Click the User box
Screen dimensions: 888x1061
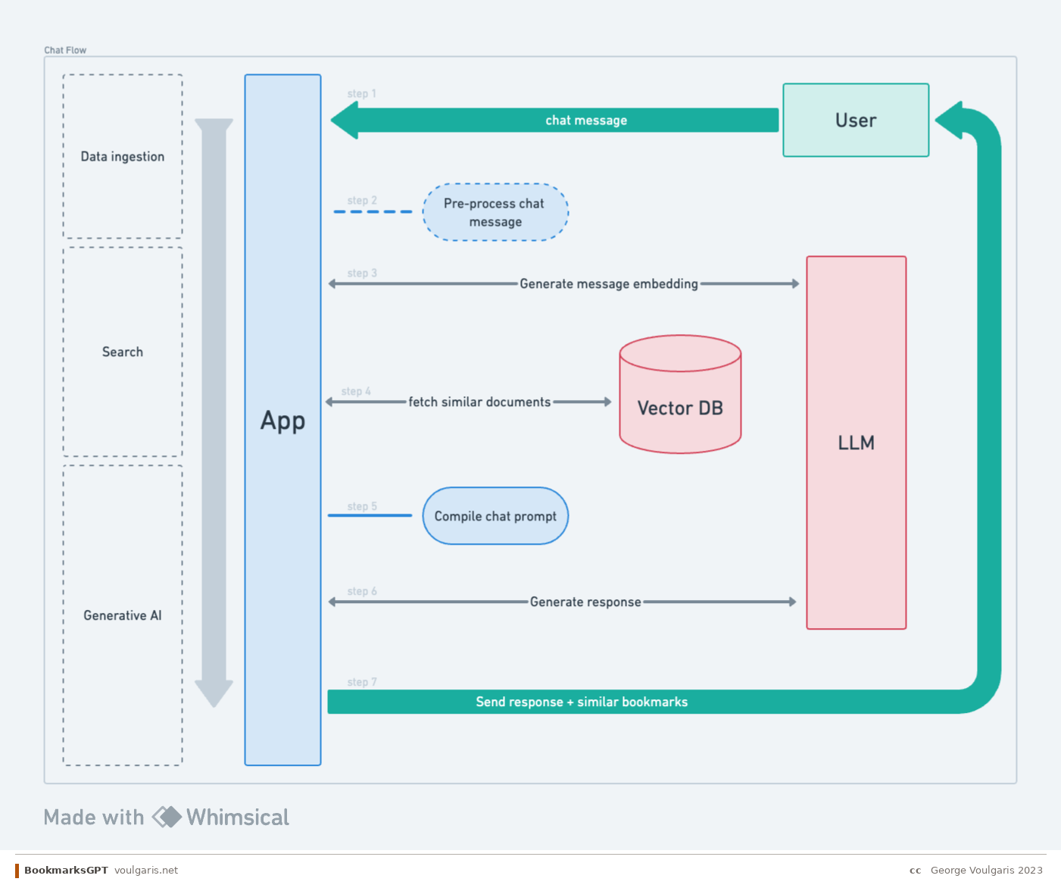click(x=855, y=120)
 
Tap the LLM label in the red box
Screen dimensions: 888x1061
click(x=856, y=443)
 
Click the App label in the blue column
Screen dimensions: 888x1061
click(x=282, y=421)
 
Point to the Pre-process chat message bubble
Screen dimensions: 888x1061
click(x=495, y=212)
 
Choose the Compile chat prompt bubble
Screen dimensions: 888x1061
click(x=495, y=516)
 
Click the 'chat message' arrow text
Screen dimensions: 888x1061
click(x=585, y=120)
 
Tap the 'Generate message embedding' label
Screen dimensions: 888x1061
click(x=608, y=284)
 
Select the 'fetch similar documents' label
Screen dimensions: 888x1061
click(x=479, y=402)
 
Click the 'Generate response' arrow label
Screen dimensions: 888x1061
click(x=585, y=602)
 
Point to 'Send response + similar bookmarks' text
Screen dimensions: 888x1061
click(x=581, y=702)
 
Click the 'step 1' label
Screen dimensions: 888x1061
click(x=361, y=94)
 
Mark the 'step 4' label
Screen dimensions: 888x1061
click(x=356, y=392)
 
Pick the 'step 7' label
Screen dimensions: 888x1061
click(x=361, y=683)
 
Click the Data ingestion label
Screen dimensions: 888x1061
click(x=122, y=157)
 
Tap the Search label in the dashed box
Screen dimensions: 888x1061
click(x=122, y=352)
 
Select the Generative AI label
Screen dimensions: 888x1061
click(x=122, y=616)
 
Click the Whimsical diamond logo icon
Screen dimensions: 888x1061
click(x=167, y=817)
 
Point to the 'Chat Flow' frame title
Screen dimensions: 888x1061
click(x=65, y=51)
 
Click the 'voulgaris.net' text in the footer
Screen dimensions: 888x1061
click(x=146, y=871)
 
